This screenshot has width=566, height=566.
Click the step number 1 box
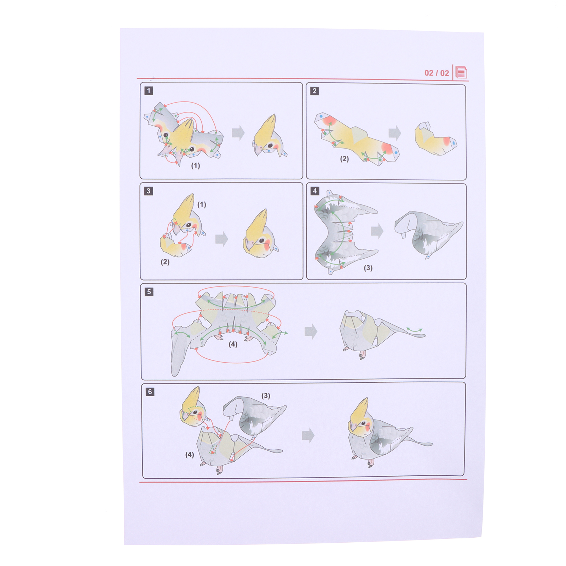(149, 91)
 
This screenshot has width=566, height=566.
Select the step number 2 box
(314, 91)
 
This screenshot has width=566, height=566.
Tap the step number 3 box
(149, 191)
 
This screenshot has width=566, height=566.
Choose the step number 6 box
(150, 392)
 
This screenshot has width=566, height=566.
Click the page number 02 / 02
(437, 73)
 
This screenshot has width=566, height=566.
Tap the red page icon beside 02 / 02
(461, 73)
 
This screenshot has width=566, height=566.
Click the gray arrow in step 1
(238, 133)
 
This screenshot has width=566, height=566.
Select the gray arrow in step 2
(395, 133)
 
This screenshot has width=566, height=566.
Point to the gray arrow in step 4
(377, 231)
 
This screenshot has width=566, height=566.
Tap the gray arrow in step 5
(311, 331)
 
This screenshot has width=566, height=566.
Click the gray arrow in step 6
(308, 435)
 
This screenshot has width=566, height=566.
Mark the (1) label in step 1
(196, 165)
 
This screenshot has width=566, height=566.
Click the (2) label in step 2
(345, 159)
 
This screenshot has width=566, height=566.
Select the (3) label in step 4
(368, 268)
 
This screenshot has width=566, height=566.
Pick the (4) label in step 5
(233, 344)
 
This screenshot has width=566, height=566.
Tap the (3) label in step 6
(266, 395)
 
